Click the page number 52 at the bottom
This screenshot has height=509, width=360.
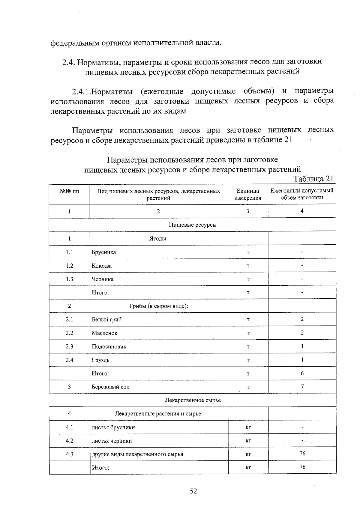(x=193, y=491)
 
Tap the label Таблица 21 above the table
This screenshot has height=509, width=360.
(x=313, y=179)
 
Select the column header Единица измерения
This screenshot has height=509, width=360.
(x=248, y=194)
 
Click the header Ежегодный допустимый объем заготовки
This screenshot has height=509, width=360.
(x=302, y=194)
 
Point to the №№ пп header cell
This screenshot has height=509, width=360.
(x=69, y=191)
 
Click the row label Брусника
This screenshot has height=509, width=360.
(x=104, y=252)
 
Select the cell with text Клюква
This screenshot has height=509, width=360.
(x=102, y=266)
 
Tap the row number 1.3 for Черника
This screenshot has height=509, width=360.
(x=69, y=279)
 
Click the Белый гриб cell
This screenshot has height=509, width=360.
(x=106, y=320)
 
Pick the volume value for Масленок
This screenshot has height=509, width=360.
(x=302, y=333)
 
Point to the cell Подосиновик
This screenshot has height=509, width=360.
(x=109, y=347)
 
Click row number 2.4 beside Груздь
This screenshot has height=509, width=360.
(x=69, y=360)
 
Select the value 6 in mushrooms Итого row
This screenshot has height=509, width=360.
(x=302, y=373)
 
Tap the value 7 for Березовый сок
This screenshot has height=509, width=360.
(x=302, y=387)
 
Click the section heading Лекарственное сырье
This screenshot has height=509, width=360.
(x=193, y=400)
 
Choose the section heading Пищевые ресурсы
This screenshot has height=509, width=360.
(x=193, y=225)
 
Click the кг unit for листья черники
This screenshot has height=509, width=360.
(x=248, y=441)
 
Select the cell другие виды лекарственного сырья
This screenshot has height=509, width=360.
(x=137, y=454)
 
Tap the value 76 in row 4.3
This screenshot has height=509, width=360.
(x=302, y=454)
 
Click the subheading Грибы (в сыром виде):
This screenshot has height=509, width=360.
(x=158, y=306)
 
